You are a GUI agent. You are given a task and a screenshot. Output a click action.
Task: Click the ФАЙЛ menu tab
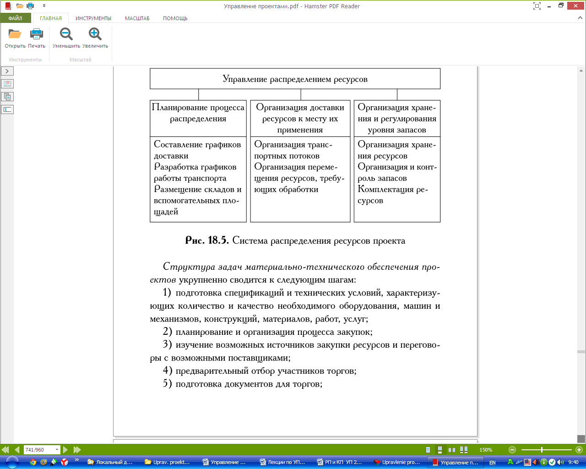coord(15,18)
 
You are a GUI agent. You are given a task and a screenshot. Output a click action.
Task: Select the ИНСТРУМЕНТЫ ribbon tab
coord(93,18)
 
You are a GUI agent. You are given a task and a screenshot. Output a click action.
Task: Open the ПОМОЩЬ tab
coord(175,18)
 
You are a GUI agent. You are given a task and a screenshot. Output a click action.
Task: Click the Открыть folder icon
coord(15,34)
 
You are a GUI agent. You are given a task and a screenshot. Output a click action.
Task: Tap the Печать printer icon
coord(36,34)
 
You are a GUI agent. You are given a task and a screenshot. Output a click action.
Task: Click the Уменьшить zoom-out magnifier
coord(66,34)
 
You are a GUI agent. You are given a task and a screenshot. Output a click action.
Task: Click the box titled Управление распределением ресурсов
coord(295,79)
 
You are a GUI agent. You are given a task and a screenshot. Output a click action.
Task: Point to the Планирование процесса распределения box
coord(198,113)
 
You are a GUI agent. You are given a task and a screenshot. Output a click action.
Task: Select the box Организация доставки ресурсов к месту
coord(300,118)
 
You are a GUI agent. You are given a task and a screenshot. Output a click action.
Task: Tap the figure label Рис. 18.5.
coord(206,240)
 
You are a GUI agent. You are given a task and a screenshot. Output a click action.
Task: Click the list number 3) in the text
coord(167,345)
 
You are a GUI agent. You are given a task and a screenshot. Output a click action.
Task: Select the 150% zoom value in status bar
coord(486,450)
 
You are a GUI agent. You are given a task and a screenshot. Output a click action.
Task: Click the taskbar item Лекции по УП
coord(282,462)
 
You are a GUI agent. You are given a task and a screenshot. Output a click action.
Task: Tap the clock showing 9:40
coord(573,462)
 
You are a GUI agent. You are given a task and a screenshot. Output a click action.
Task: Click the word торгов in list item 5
coord(307,384)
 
